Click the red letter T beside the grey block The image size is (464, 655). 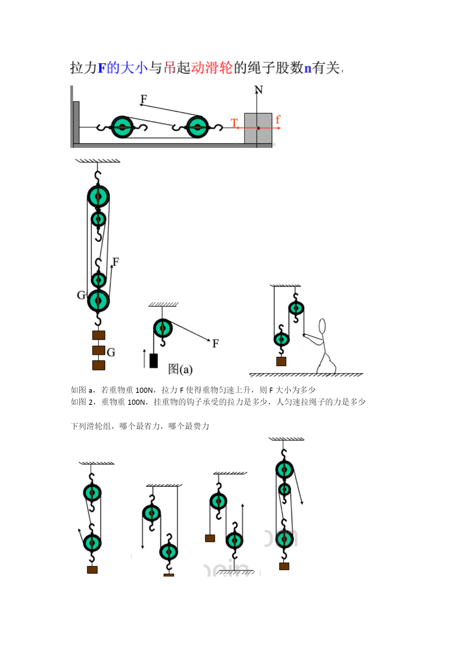coord(234,122)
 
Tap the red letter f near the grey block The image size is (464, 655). coord(277,119)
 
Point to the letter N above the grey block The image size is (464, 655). coord(258,90)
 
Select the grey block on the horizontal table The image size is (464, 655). coord(258,128)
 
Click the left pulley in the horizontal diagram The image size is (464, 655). coord(122,127)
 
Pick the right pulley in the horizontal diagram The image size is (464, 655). coord(197,127)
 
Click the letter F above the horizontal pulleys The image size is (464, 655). coord(144,99)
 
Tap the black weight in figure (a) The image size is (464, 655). coord(153,361)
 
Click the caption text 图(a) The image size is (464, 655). coord(180,369)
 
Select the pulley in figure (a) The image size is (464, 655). coord(163,329)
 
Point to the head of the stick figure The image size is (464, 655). coord(322,326)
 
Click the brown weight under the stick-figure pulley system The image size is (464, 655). coord(281,361)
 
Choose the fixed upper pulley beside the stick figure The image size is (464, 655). coord(296,308)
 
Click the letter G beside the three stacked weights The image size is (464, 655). coord(111,352)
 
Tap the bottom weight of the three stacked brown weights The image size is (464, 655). coord(99,365)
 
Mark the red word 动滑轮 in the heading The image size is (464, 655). coord(212,68)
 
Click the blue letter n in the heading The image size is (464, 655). coord(308,68)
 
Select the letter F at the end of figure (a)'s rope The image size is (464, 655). coord(215,343)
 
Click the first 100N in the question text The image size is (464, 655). coord(144,390)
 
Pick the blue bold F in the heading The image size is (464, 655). coord(102,68)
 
